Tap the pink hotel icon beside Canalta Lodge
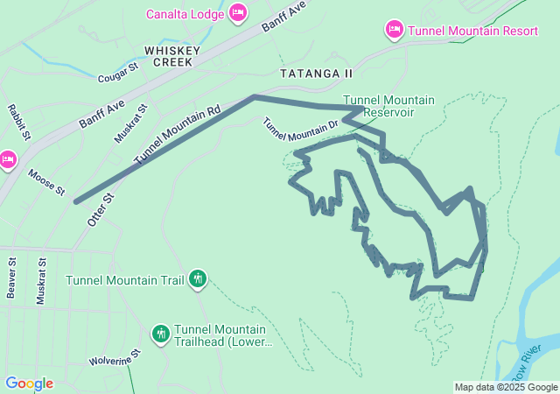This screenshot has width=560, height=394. click(237, 12)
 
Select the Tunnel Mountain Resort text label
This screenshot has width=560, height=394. click(472, 31)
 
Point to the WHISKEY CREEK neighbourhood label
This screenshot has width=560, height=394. click(172, 57)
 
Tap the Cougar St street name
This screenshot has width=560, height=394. click(118, 67)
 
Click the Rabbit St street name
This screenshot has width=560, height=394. click(20, 123)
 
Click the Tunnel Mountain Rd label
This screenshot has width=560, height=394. click(177, 137)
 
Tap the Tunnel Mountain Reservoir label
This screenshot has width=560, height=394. click(388, 106)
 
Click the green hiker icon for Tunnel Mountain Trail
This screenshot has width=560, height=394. click(198, 279)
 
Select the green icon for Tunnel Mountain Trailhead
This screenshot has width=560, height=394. click(160, 334)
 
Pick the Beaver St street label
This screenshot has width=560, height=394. click(11, 278)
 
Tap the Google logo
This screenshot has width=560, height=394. click(29, 383)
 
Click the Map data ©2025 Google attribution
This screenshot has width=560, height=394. click(506, 387)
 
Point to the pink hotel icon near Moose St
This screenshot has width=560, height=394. click(8, 159)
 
